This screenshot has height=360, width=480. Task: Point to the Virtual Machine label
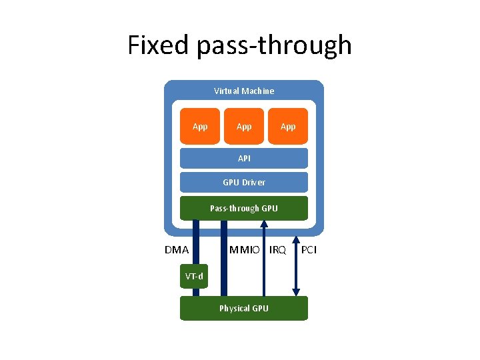243,91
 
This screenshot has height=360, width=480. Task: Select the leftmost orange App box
200,126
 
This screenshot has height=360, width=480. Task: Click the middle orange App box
244,126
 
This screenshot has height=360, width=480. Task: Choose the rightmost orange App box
288,126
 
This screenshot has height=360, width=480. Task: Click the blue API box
244,158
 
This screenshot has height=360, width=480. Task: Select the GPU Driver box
244,182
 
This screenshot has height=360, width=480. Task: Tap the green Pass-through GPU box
244,208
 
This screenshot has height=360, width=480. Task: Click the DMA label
177,251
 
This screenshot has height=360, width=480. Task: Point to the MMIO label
245,251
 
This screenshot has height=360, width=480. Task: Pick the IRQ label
277,251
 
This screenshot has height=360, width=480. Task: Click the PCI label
309,251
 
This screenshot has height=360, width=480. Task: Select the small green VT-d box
195,276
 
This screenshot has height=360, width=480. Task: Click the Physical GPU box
244,308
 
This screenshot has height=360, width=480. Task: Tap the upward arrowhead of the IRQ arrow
265,224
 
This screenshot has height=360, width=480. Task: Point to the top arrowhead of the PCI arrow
296,224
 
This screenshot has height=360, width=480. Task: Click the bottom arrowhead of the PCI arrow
296,291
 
